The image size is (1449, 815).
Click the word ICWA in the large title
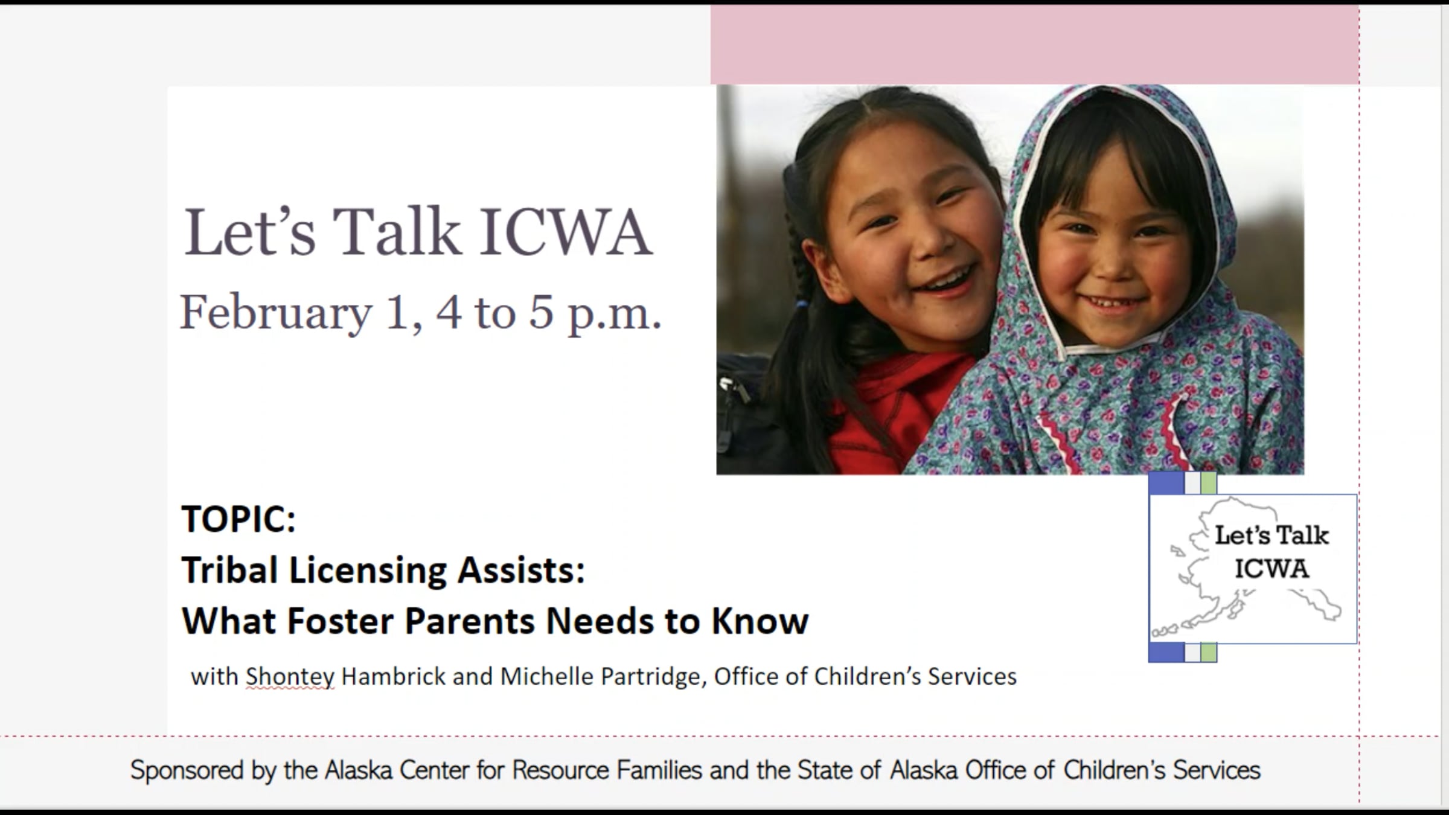[566, 232]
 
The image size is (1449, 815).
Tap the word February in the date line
[276, 313]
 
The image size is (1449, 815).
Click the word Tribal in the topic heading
[229, 569]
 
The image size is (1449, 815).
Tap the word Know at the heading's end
[760, 621]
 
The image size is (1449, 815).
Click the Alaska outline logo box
[1253, 569]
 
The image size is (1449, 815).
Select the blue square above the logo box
[1166, 484]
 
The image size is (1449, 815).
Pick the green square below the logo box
[1209, 653]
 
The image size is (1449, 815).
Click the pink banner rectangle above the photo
[1035, 45]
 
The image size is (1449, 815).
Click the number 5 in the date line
[541, 312]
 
